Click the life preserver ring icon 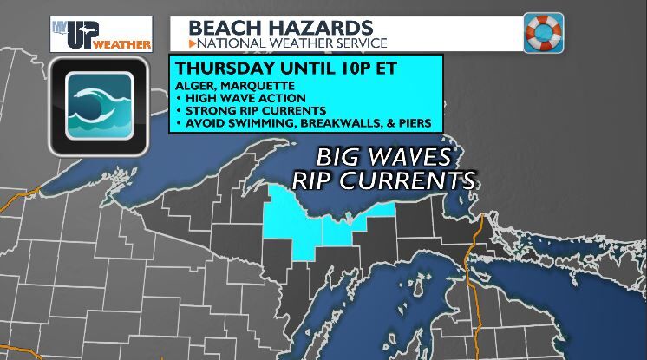543,33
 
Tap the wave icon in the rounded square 90,106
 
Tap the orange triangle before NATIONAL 193,41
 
